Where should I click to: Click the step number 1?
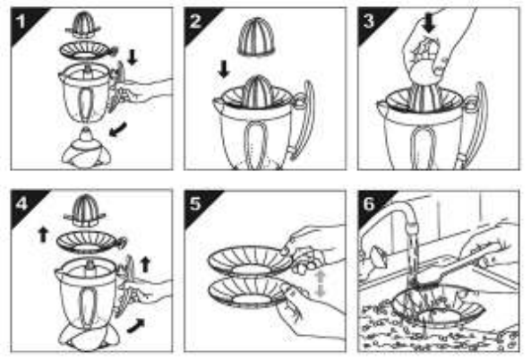coord(21,21)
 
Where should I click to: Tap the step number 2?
coord(195,21)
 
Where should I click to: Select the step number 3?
coord(369,21)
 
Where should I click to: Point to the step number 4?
coord(21,204)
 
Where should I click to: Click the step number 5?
coord(195,204)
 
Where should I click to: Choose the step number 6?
coord(369,204)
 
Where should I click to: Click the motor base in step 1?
coord(86,149)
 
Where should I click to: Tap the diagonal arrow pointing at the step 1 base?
coord(118,130)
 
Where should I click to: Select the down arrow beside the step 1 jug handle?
coord(133,57)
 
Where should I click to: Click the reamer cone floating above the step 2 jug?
coord(256,38)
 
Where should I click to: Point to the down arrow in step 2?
coord(224,69)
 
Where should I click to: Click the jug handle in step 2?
coord(303,119)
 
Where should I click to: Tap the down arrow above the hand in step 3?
coord(429,23)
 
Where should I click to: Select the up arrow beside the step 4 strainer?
coord(43,235)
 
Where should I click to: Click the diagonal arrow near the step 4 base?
coord(136,325)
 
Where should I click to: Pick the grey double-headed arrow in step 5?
coord(320,284)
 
